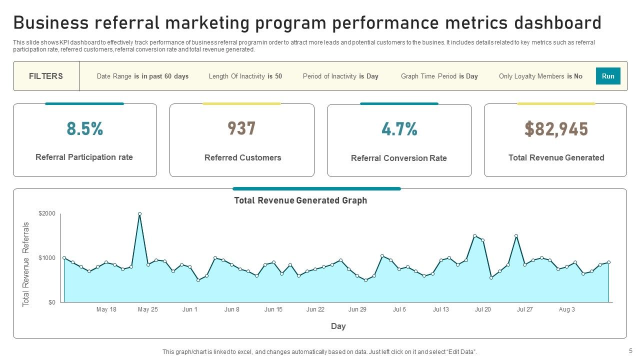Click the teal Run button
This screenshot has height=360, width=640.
coord(608,76)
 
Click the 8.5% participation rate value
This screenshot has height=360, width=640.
coord(84,129)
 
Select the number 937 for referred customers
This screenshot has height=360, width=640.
coord(242,129)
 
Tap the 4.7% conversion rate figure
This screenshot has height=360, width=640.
coord(399,129)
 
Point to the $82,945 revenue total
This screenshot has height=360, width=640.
coord(556,129)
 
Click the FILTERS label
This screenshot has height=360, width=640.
coord(46,76)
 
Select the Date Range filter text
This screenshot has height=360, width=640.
coord(142,76)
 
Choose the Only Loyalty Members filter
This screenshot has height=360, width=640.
coord(540,76)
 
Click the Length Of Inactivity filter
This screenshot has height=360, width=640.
coord(245,76)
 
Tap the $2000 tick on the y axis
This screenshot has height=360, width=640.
coord(47,213)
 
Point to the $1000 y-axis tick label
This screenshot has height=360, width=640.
coord(47,258)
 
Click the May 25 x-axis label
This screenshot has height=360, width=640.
coord(148,309)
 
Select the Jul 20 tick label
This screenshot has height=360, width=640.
coord(483,309)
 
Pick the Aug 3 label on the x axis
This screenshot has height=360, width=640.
coord(566,309)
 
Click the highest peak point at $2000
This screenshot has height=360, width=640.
coord(139,214)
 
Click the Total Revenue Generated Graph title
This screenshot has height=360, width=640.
coord(300,200)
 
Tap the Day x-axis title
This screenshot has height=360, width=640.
coord(338,326)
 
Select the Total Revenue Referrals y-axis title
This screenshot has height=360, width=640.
coord(26,264)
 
